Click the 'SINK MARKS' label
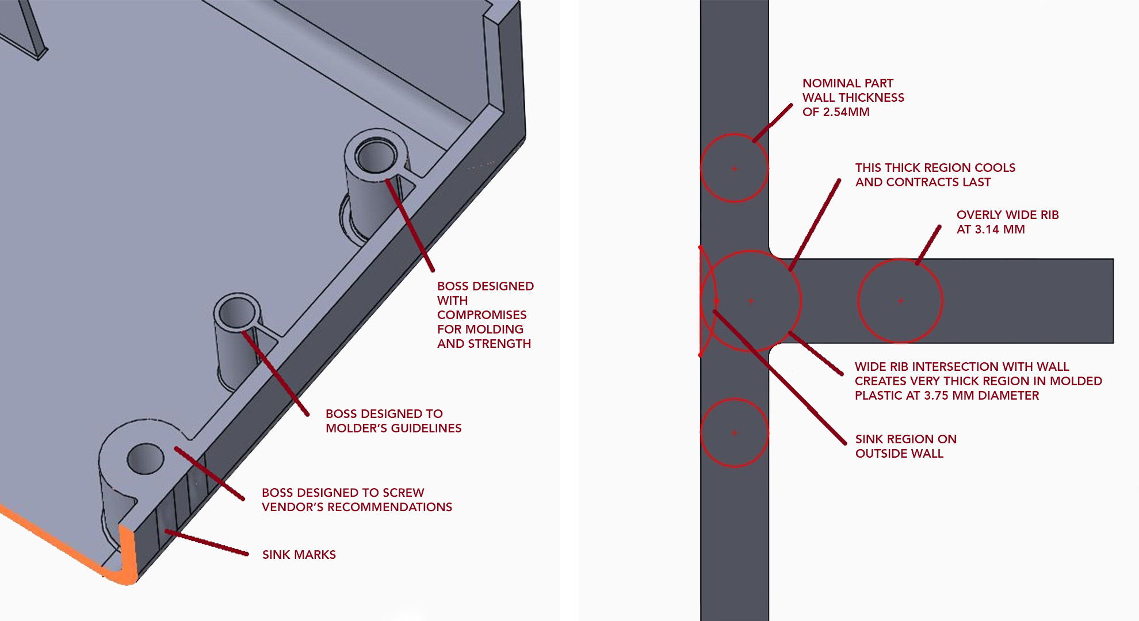coord(299,555)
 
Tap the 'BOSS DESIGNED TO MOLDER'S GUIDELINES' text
coord(393,421)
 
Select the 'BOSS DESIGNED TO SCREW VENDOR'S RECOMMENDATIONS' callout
coord(357,500)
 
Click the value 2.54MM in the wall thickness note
coord(846,112)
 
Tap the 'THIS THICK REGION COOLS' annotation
coord(935,168)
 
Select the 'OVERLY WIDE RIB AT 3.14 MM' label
coord(1007,222)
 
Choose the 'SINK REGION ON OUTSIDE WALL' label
coord(905,446)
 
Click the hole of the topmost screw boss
coord(376,156)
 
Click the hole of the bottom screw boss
coord(146,458)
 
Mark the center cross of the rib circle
coord(900,301)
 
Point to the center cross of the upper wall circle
coord(735,168)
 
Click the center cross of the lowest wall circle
coord(735,432)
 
